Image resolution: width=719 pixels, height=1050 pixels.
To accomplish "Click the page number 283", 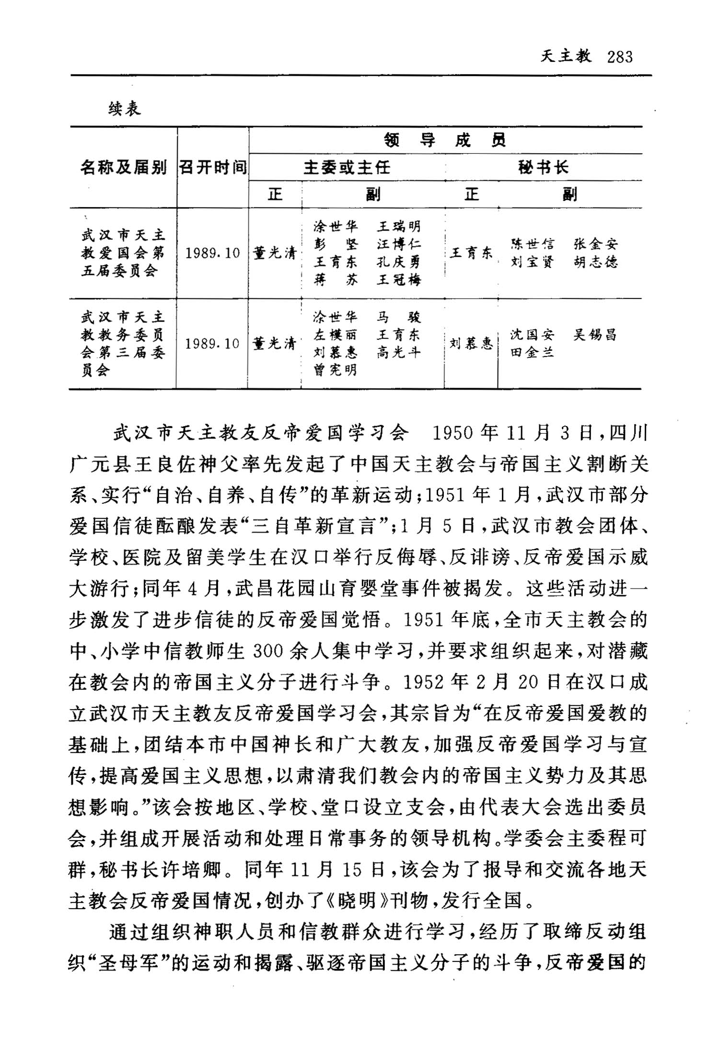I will [620, 57].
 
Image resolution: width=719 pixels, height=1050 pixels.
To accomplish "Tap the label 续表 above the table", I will [125, 109].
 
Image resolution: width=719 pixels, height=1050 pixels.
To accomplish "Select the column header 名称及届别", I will [123, 167].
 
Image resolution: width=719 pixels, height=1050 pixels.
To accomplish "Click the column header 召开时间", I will [213, 167].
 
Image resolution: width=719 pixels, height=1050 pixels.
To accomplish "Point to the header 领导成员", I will [445, 140].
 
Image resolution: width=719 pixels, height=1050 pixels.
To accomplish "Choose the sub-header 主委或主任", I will [347, 167].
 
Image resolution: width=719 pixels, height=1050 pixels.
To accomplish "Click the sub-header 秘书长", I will [543, 167].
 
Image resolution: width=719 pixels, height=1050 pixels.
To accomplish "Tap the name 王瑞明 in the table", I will [399, 226].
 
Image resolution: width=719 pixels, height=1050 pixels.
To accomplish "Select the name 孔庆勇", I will [399, 262].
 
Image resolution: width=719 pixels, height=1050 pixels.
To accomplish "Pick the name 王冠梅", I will [399, 279].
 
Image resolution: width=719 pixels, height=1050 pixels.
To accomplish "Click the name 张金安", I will [595, 244].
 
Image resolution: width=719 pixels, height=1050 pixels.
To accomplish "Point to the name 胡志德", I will [595, 262].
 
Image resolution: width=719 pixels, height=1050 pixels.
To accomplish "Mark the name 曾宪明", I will [336, 370].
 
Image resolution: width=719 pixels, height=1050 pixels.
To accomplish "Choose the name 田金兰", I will [532, 352].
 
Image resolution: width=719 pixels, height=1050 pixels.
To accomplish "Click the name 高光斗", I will [399, 352].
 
